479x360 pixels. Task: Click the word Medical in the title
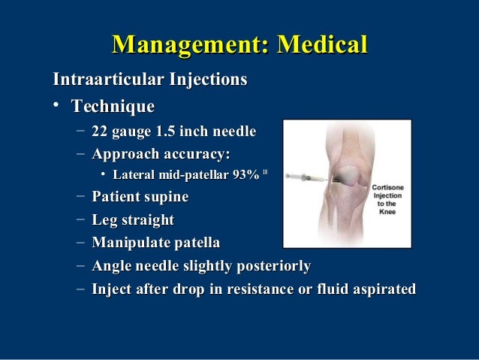coord(323,44)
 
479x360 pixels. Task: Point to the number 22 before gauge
coord(101,132)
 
